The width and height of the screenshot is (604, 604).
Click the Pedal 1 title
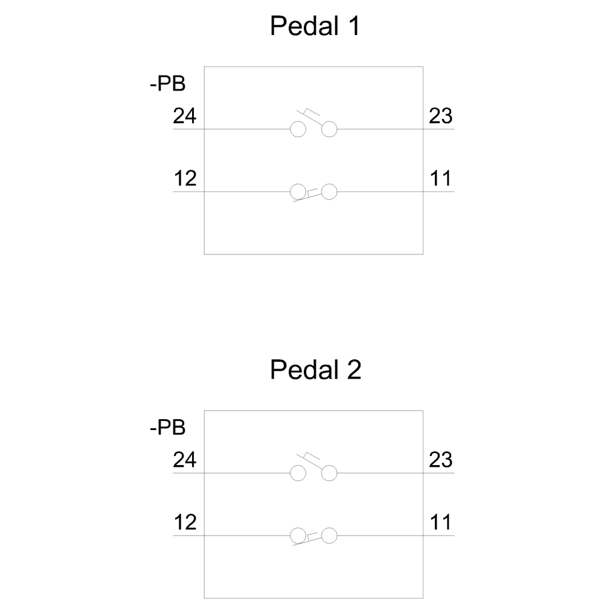[x=315, y=26]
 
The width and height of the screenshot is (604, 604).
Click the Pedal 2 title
[x=315, y=370]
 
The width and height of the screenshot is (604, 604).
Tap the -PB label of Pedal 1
[x=167, y=83]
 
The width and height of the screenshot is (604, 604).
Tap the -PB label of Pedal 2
[x=167, y=427]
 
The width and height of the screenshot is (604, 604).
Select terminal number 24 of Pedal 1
[x=184, y=115]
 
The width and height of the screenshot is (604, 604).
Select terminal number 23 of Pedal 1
[x=441, y=115]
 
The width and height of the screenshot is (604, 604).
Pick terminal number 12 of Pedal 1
[x=185, y=178]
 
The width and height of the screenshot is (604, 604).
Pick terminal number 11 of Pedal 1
[x=440, y=178]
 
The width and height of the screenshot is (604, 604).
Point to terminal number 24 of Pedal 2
[x=184, y=459]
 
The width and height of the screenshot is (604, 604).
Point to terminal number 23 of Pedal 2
[x=441, y=459]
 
